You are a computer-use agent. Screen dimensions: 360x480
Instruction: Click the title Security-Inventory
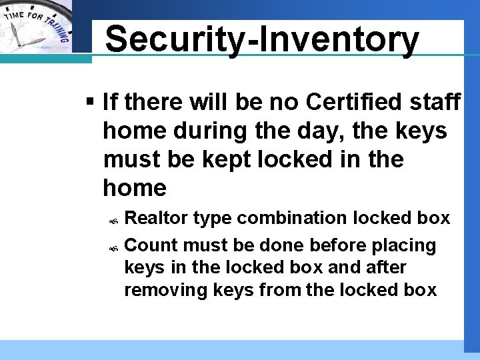[262, 39]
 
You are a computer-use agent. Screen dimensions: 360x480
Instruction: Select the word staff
[435, 102]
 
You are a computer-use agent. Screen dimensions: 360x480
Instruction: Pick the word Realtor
[158, 218]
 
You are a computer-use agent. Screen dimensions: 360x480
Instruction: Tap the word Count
[151, 245]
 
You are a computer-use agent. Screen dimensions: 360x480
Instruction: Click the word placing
[403, 246]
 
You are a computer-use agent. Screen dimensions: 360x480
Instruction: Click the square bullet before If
[91, 102]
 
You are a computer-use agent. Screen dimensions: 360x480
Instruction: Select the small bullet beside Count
[114, 247]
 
